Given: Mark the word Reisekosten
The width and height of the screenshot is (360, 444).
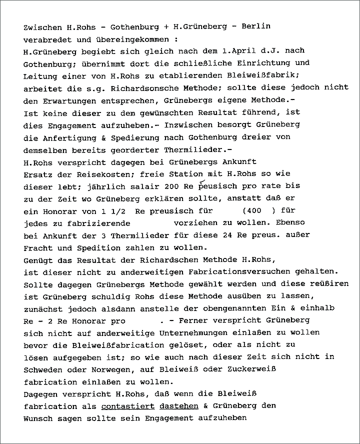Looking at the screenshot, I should tap(97, 174).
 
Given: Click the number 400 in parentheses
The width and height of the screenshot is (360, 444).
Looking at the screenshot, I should tap(252, 211).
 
